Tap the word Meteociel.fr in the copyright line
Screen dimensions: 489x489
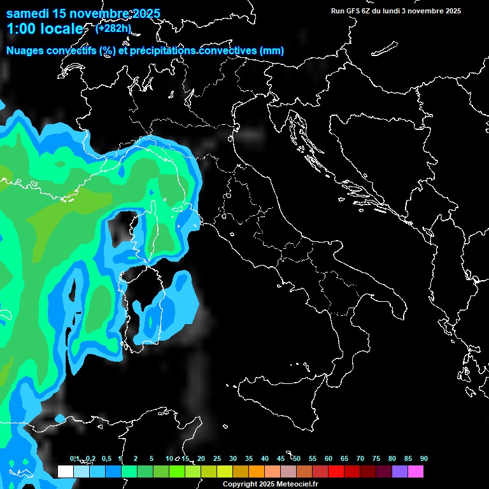click(296, 484)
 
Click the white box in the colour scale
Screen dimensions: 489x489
click(65, 472)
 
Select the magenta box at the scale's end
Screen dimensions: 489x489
click(416, 472)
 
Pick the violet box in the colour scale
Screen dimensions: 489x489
click(400, 472)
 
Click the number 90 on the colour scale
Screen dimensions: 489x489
click(423, 459)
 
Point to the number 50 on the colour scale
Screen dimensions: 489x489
click(297, 459)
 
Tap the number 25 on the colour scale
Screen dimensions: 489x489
click(217, 459)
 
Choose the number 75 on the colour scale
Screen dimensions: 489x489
click(376, 459)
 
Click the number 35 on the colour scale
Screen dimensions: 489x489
click(249, 459)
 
